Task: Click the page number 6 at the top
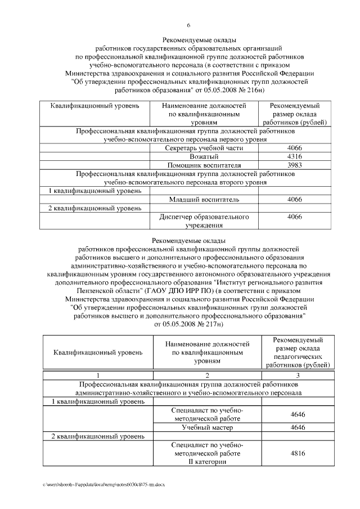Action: pos(188,25)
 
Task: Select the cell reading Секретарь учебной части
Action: pos(204,147)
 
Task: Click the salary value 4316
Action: pos(295,156)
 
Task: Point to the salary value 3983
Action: pos(295,165)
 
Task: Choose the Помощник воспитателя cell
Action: pos(204,165)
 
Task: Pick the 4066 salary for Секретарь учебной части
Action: pos(295,147)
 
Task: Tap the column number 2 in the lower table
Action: pos(207,375)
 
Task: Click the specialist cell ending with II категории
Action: pos(207,453)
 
